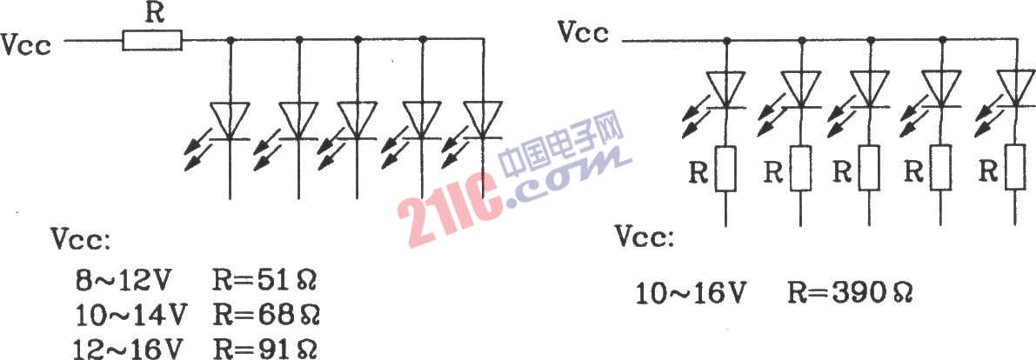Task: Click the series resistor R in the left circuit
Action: pyautogui.click(x=152, y=41)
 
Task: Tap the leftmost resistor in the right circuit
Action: pyautogui.click(x=727, y=168)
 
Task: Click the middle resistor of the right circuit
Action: pyautogui.click(x=870, y=168)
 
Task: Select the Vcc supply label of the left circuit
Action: pyautogui.click(x=26, y=45)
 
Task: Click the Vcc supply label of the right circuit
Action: pyautogui.click(x=584, y=31)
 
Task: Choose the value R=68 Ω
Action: pyautogui.click(x=265, y=315)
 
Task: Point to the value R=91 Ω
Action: pyautogui.click(x=265, y=348)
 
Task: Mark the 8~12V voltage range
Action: pyautogui.click(x=123, y=282)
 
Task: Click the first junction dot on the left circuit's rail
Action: pyautogui.click(x=230, y=40)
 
